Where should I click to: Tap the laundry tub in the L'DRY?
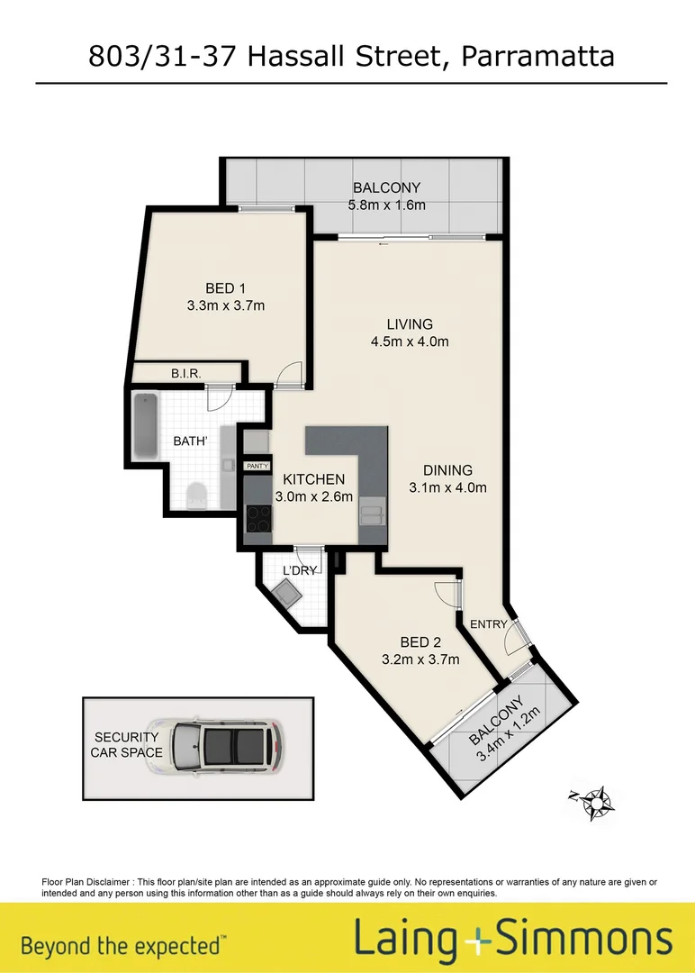click(291, 593)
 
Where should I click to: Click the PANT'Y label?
click(257, 465)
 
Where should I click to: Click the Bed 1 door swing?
click(287, 374)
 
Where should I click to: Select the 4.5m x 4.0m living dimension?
click(411, 341)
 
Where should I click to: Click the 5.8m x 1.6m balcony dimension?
click(386, 205)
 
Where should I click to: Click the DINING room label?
click(447, 470)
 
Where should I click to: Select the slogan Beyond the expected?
click(122, 946)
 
